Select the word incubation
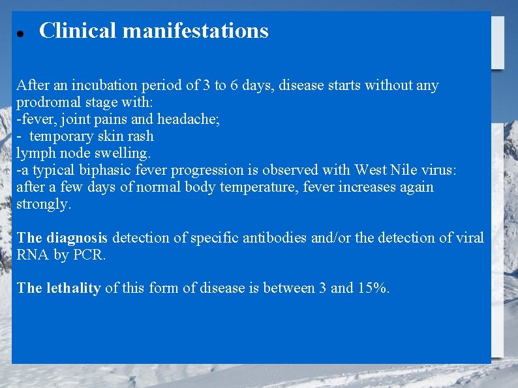click(x=104, y=85)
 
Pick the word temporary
click(x=62, y=136)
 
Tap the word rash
click(x=140, y=136)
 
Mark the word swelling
click(x=124, y=153)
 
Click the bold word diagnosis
click(x=77, y=238)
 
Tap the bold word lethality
click(x=73, y=288)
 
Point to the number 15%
click(x=373, y=288)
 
